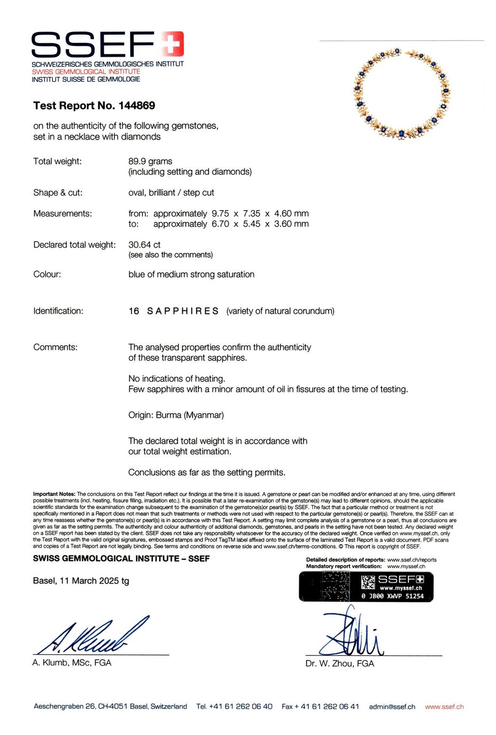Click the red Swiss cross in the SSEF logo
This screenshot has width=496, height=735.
coord(173,43)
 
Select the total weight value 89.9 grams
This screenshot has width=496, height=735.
coord(150,161)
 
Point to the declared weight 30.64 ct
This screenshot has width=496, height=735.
coord(144,244)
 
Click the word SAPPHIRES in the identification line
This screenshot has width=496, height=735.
coord(183,311)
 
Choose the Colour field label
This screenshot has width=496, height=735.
coord(47,274)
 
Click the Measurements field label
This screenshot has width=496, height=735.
coord(63,213)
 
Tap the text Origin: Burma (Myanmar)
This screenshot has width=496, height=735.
coord(176,415)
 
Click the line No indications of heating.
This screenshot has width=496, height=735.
coord(176,378)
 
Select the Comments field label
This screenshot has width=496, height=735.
coord(55,347)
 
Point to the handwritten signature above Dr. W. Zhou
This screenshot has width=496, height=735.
coord(350,633)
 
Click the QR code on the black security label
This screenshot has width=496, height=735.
coord(368,582)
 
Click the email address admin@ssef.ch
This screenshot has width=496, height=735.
coord(392,707)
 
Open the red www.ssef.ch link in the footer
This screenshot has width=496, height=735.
coord(444,707)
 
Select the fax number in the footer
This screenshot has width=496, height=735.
coord(320,707)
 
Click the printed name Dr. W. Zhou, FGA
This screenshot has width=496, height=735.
coord(339,663)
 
